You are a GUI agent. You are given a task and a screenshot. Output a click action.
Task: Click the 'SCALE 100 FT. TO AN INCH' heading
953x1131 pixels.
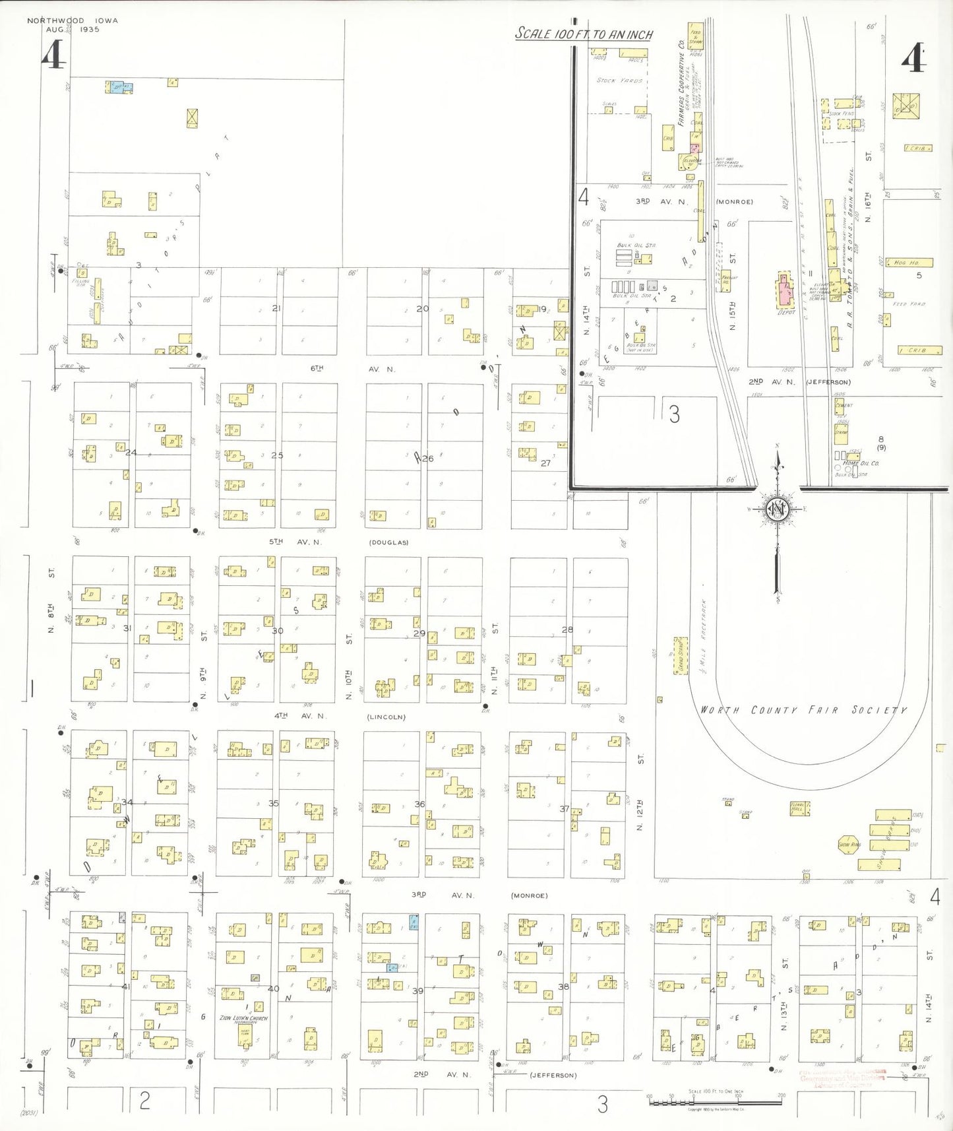click(584, 34)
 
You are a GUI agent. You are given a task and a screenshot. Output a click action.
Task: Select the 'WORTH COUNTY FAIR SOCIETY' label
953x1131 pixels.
click(803, 710)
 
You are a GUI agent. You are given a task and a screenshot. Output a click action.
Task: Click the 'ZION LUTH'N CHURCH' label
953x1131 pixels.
click(244, 1018)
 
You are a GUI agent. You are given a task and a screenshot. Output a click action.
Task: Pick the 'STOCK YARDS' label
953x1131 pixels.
click(619, 81)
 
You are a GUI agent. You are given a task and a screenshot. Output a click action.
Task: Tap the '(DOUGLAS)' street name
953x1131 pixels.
click(388, 542)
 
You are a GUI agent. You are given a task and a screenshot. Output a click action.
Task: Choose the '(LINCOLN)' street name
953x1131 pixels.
click(386, 717)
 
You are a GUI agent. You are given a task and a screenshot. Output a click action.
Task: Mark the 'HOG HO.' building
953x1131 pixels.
click(908, 263)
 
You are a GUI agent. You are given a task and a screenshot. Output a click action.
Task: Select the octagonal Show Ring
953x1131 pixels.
click(849, 845)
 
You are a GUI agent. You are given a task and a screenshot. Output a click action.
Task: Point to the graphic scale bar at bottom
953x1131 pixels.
click(715, 1100)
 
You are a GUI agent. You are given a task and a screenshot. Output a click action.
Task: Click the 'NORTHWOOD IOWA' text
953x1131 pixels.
click(73, 20)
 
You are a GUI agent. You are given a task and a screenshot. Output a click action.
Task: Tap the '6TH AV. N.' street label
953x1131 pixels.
click(352, 369)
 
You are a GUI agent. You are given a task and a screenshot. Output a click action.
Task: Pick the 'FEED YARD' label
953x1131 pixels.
click(909, 304)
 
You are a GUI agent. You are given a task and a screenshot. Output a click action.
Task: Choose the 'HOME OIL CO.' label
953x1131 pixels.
click(860, 463)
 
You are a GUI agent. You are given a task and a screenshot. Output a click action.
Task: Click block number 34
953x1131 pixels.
click(127, 802)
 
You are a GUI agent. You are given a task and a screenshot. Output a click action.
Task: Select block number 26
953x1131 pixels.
click(428, 459)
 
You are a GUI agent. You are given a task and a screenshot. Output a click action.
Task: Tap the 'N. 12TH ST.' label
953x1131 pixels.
click(640, 792)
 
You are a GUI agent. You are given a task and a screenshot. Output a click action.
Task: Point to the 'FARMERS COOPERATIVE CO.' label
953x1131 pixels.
click(681, 82)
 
